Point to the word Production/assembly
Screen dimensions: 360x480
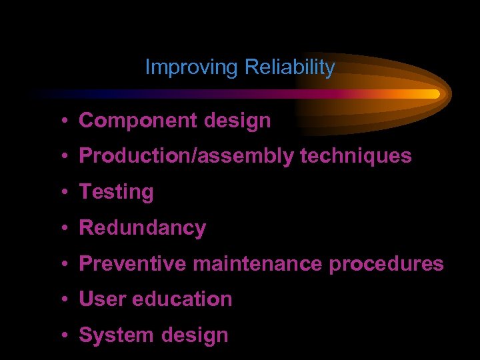click(186, 157)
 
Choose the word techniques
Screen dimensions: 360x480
click(356, 157)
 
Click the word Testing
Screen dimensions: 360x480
click(117, 193)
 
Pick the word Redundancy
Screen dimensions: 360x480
click(143, 228)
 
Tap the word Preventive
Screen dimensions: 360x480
click(133, 264)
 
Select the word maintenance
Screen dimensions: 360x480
click(258, 264)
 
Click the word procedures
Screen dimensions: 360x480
click(386, 264)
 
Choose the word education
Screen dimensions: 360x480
click(182, 299)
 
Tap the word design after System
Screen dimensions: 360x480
click(197, 335)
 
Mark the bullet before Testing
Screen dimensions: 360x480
click(61, 193)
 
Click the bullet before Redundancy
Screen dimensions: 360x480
click(61, 229)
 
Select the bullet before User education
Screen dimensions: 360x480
click(61, 300)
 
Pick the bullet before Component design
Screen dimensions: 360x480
click(61, 121)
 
